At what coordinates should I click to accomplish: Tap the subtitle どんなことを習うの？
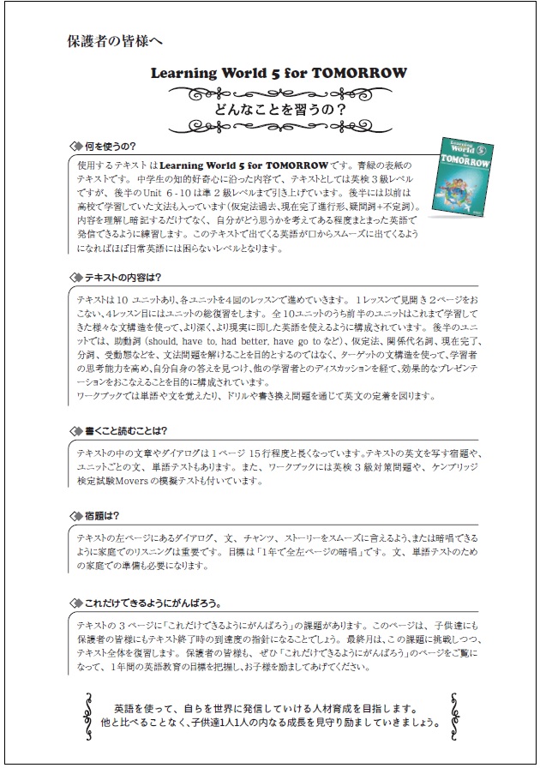pos(269,111)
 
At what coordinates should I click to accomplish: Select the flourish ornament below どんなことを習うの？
pos(269,129)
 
